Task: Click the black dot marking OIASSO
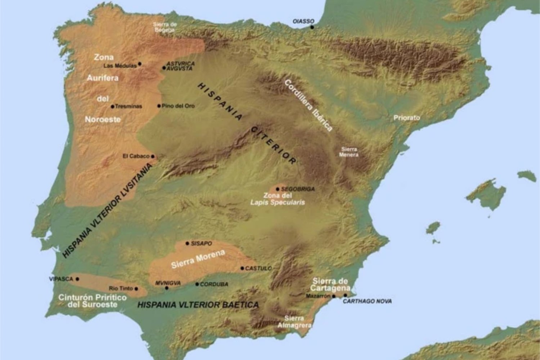[312, 27]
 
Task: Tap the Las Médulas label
[120, 66]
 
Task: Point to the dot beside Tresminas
[113, 107]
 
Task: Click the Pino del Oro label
[178, 106]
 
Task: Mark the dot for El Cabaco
[153, 156]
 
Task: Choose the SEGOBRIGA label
[298, 189]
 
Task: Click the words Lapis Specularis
[278, 202]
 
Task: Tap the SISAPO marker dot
[187, 243]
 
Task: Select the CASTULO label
[258, 269]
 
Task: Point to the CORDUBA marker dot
[197, 284]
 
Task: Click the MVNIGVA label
[168, 283]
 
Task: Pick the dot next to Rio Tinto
[136, 289]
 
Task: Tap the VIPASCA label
[61, 279]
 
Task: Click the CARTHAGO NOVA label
[367, 301]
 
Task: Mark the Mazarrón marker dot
[334, 296]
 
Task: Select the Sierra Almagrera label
[294, 322]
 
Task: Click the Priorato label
[406, 118]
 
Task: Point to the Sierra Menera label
[349, 152]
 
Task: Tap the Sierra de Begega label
[165, 27]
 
